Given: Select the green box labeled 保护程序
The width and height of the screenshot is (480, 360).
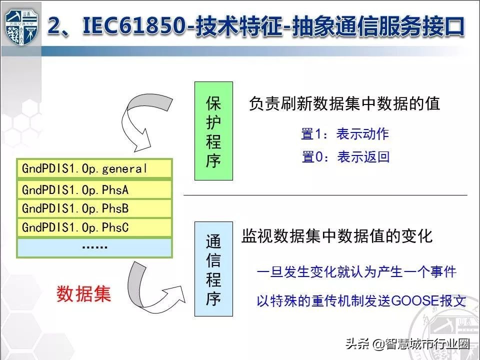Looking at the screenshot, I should coord(213,131).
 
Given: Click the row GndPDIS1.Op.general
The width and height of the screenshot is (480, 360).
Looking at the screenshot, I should coord(94,169).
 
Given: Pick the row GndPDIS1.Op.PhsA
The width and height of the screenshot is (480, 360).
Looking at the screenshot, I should coord(94,189).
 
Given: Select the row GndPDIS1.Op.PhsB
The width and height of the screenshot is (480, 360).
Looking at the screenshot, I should coord(94,208).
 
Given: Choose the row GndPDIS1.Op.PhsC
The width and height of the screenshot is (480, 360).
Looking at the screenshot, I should coord(94,227).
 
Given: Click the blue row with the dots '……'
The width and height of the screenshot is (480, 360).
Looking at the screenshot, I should coord(94,247).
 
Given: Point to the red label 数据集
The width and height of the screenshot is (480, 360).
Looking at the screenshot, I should coord(83,293).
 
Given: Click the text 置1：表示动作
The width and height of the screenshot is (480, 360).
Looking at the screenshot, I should coord(345,134).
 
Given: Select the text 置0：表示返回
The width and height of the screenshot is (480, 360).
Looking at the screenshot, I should coord(345,157).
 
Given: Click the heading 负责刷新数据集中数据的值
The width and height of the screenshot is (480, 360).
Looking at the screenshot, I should coord(344,103).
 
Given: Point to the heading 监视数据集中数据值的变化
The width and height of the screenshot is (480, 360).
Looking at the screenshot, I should coord(337,236).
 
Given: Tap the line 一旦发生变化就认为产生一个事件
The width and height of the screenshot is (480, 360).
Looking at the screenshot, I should coord(356,272).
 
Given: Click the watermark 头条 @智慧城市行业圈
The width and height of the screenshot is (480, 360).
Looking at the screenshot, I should coord(407,343).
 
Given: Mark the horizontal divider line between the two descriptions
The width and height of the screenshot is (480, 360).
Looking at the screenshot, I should coord(325,195).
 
